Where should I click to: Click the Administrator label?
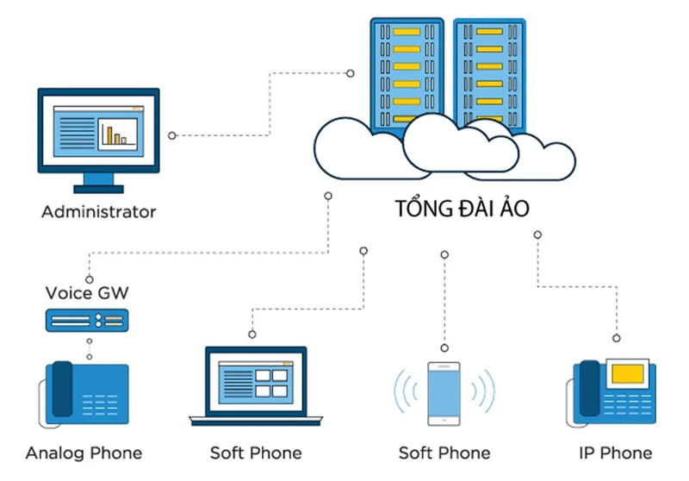(99, 211)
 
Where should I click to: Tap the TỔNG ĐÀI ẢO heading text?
(462, 209)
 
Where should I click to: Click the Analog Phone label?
(84, 453)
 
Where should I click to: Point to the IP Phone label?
(616, 453)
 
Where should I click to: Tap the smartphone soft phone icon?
(444, 393)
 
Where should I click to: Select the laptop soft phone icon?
(255, 384)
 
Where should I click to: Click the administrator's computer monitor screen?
(98, 130)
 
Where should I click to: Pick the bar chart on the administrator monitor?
(116, 133)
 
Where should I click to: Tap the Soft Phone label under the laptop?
(256, 453)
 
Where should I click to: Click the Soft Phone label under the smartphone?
(444, 453)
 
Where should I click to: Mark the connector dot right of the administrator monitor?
(172, 135)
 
